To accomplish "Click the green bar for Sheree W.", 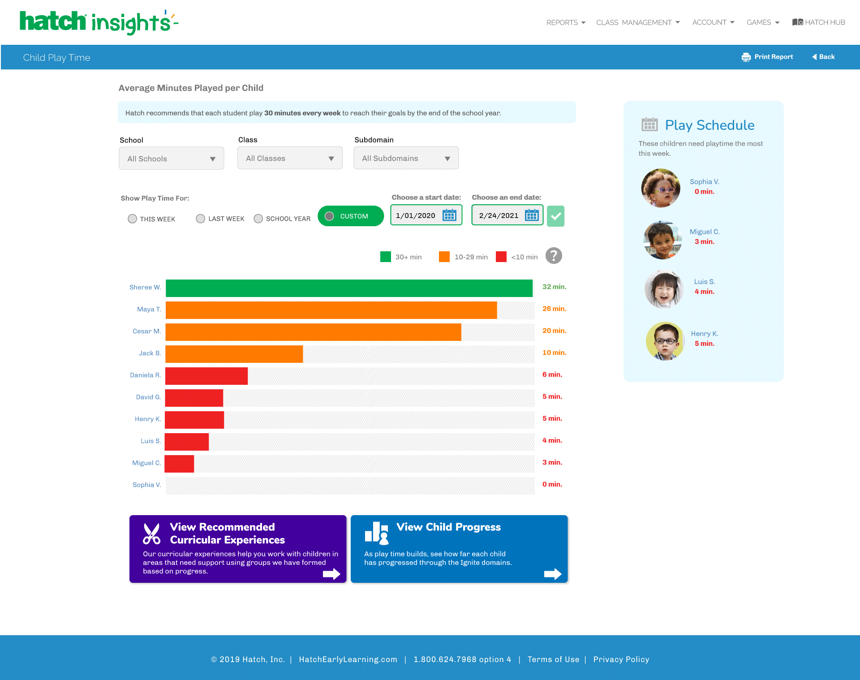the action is point(349,288).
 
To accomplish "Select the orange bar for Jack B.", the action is point(234,354).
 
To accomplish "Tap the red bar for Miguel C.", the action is point(179,464).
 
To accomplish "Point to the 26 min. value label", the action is point(554,309).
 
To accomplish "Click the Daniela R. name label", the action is point(145,375).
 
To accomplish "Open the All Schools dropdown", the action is point(172,159).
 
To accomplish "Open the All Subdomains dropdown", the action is point(406,158).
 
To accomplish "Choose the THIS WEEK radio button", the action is point(132,219).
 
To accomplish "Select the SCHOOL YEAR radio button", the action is point(258,219).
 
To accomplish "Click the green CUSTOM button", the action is point(351,216).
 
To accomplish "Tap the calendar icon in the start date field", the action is point(449,215).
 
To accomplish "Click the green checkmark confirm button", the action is point(555,216).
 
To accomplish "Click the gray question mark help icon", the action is point(554,256).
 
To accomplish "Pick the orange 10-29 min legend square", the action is point(444,257).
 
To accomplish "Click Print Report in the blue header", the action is point(767,57).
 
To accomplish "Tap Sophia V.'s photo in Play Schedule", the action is point(661,188).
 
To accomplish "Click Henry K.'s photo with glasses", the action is point(665,341).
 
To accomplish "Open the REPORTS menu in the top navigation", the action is point(566,22).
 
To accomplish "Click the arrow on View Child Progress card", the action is point(553,574).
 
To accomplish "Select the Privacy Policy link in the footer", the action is point(621,659).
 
